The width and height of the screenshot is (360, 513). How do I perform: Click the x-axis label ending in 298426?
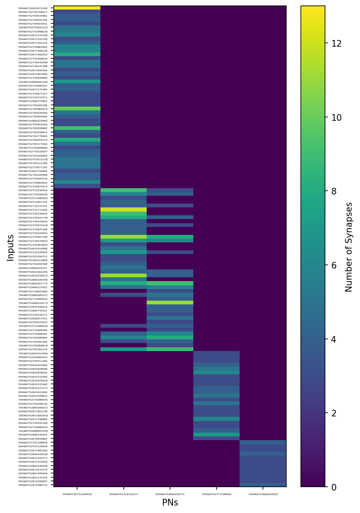click(77, 494)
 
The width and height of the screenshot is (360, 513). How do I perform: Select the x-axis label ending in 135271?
click(123, 494)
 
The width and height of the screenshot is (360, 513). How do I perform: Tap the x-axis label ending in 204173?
click(170, 494)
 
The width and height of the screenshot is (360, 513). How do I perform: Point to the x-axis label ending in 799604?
click(216, 494)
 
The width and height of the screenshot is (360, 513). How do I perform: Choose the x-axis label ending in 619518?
click(263, 494)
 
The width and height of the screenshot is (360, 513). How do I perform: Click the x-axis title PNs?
click(170, 503)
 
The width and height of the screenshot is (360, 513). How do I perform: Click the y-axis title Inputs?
click(11, 247)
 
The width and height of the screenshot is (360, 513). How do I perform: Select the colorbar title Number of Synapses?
click(349, 247)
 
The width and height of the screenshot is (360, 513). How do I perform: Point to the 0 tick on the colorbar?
click(334, 487)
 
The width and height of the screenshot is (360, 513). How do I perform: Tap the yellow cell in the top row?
click(77, 8)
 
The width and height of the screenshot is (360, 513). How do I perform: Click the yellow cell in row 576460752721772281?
click(123, 210)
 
